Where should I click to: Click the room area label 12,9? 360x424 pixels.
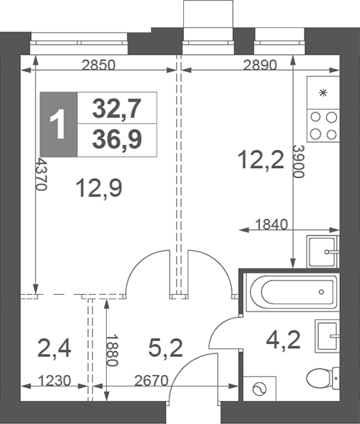click(x=99, y=189)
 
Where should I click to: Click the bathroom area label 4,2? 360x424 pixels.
click(x=284, y=337)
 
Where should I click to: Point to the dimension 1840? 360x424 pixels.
click(x=272, y=224)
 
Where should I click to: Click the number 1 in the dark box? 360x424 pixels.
click(x=58, y=125)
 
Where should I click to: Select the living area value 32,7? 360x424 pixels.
click(x=117, y=109)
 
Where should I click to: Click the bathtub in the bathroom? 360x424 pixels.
click(x=291, y=292)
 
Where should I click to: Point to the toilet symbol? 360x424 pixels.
click(x=322, y=377)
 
